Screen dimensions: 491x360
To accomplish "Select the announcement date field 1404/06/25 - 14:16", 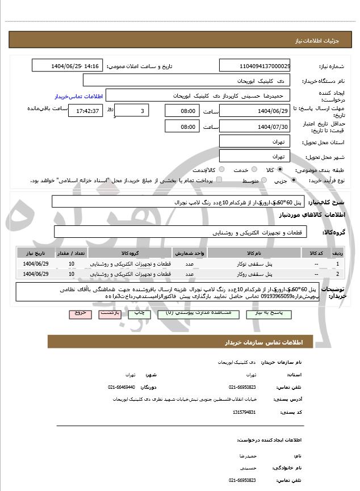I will [68, 66].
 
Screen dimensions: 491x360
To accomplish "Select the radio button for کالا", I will [280, 170].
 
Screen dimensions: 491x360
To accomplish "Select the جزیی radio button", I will [294, 181].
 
